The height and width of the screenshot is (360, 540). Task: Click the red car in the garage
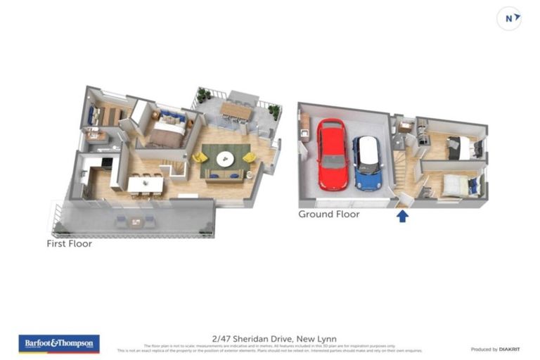(x=333, y=155)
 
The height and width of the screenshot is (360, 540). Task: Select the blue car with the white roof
(x=366, y=163)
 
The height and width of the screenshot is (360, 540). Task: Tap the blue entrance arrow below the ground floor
(x=402, y=215)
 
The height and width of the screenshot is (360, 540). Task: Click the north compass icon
(x=509, y=19)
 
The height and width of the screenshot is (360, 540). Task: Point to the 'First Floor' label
(x=69, y=244)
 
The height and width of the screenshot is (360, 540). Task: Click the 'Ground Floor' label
(x=328, y=214)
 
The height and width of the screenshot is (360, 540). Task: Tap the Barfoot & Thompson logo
(x=59, y=344)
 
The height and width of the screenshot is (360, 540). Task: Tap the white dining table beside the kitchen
(x=145, y=184)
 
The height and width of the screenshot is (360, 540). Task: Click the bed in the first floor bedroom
(x=169, y=128)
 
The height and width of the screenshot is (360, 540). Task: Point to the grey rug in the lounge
(x=225, y=161)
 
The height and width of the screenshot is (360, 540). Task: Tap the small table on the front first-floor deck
(x=135, y=222)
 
